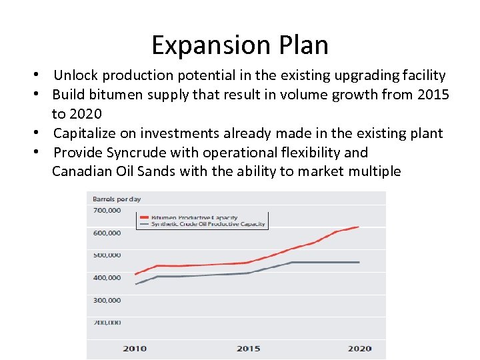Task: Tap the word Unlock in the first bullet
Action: click(75, 75)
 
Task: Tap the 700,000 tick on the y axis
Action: click(107, 211)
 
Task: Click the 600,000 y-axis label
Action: click(107, 233)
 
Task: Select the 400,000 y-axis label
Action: click(107, 277)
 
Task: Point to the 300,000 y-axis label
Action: click(107, 300)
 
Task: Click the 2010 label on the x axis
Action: click(135, 349)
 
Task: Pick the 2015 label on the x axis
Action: click(248, 349)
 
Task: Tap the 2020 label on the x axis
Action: click(360, 349)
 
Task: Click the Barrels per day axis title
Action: click(117, 199)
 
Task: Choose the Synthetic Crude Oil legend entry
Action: click(200, 224)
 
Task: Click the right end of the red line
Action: click(359, 227)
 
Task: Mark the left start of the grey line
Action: click(136, 284)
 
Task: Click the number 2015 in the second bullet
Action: click(433, 95)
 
